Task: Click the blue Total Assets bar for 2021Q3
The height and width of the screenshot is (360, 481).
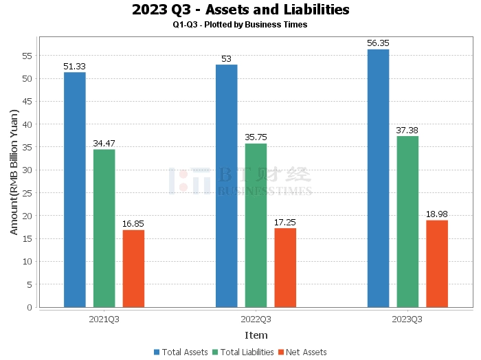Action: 75,190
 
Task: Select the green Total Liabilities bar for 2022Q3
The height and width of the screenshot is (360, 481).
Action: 256,225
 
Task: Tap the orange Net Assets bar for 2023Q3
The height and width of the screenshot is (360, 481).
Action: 437,264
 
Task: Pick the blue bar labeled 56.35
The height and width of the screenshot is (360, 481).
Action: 378,178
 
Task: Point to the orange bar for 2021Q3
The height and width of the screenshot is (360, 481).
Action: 133,269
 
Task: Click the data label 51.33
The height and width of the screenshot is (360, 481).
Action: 74,67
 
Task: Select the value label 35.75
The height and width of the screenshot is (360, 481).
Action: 256,137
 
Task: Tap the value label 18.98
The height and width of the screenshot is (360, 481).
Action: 437,214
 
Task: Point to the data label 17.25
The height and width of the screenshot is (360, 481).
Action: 285,223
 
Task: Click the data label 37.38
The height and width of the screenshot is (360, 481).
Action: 407,131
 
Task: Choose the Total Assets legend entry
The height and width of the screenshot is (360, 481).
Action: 181,352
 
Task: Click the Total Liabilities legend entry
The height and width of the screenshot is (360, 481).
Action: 243,352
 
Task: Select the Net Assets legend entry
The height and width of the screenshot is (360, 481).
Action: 302,352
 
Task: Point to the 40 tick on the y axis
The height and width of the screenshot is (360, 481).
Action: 27,124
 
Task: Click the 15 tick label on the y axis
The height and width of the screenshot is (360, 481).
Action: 27,238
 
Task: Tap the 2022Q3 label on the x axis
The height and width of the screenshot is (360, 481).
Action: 256,319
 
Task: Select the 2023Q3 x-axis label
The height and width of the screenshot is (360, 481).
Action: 407,319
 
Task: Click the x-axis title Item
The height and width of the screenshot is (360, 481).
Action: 256,335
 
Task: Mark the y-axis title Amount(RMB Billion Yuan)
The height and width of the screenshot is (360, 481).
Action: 14,172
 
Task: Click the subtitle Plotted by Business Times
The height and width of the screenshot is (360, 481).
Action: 256,25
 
